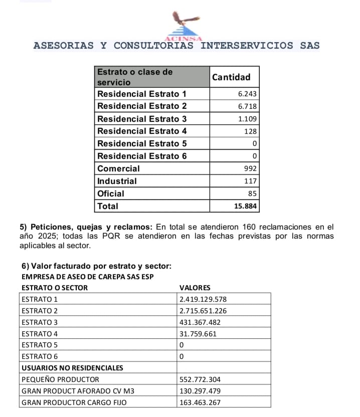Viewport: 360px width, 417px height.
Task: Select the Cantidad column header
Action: (231, 77)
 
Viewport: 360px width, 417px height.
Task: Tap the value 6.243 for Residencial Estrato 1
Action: (247, 94)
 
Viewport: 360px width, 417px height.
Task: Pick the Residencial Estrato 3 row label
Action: (142, 119)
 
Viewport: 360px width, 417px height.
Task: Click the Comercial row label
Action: (119, 169)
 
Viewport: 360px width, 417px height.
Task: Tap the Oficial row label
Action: (111, 193)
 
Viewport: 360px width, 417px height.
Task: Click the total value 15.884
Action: (246, 206)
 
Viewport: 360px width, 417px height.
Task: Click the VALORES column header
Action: (195, 288)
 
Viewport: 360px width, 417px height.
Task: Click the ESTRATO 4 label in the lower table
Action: (40, 334)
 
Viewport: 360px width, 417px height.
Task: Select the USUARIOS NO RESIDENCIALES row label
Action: (73, 368)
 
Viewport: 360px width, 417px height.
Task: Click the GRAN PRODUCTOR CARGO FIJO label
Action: (75, 402)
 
